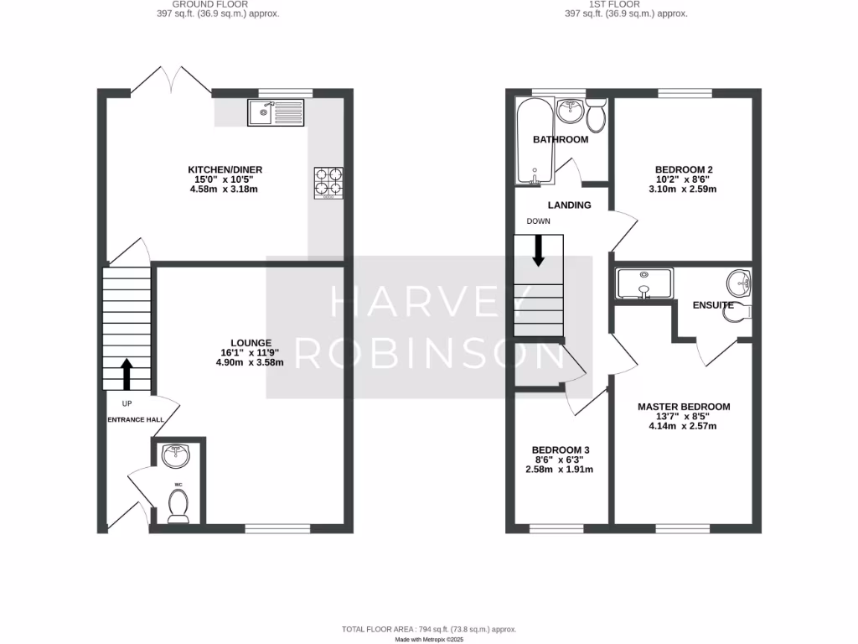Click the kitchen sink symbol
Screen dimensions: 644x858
point(276,112)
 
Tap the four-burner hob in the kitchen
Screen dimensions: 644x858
point(328,183)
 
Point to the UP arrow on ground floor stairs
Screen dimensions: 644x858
point(127,375)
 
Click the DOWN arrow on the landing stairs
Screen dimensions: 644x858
point(538,250)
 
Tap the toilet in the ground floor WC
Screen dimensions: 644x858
point(178,505)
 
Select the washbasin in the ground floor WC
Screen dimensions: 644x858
point(177,456)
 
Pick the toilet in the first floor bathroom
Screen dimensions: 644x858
point(597,117)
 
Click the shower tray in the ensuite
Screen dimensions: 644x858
point(643,283)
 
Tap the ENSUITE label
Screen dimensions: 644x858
point(712,305)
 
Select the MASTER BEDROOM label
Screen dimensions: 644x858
point(683,407)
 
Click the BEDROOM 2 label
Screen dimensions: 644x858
point(683,169)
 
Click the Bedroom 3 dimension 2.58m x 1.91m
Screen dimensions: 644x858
point(559,470)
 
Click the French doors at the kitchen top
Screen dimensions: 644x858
point(171,81)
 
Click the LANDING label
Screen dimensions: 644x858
point(569,205)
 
